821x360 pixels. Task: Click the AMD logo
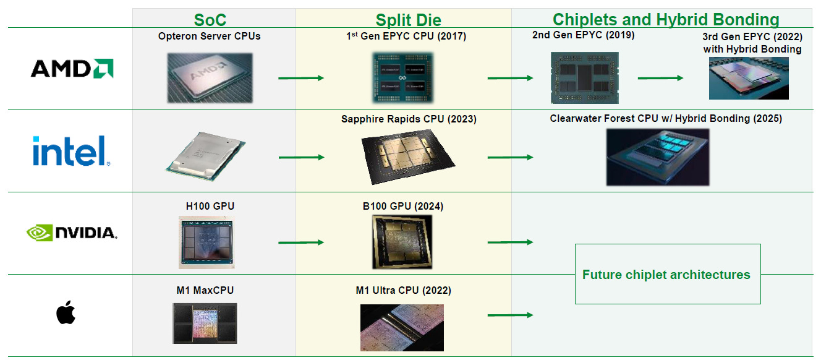click(x=72, y=68)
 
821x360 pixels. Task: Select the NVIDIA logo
click(x=72, y=233)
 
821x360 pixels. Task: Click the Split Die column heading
click(x=409, y=20)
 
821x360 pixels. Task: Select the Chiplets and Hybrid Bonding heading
click(x=666, y=19)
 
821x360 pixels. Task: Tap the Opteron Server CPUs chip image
click(x=209, y=77)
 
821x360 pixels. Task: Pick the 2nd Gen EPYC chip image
click(x=584, y=77)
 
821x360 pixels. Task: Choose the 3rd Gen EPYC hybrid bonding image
click(x=749, y=78)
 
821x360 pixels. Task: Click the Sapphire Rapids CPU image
click(x=408, y=157)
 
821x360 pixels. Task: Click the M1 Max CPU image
click(x=205, y=323)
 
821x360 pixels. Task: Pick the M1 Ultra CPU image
click(x=402, y=328)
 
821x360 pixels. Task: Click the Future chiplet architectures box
click(x=668, y=274)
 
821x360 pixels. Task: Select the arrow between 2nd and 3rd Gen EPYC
click(x=660, y=78)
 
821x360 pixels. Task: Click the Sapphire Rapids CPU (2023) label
click(x=409, y=119)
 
